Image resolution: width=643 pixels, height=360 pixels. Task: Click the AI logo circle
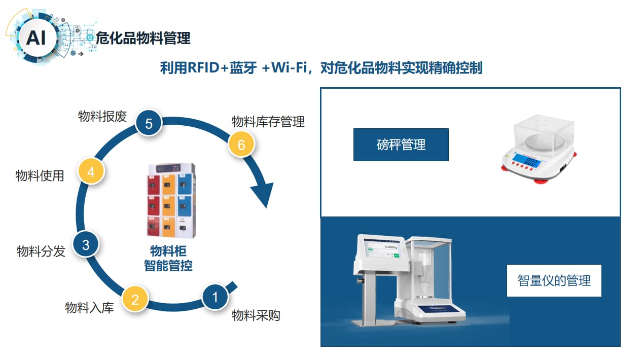(35, 38)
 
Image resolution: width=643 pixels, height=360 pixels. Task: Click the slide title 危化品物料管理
(143, 38)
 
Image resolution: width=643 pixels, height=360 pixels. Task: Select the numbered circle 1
(215, 297)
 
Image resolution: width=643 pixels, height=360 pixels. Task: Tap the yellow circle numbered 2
(135, 299)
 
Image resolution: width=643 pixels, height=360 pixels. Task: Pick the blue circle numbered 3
(86, 245)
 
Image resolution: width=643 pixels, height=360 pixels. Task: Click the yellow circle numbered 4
(91, 172)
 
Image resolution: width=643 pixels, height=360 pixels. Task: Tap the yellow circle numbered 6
(241, 145)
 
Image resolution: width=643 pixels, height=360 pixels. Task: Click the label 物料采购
(256, 316)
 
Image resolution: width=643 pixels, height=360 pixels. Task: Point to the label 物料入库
(89, 308)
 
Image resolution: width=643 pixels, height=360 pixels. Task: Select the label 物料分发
(41, 251)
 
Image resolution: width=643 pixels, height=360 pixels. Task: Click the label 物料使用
(40, 176)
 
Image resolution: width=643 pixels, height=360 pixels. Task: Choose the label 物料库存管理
(268, 122)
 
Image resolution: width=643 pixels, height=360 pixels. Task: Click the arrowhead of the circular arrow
(263, 195)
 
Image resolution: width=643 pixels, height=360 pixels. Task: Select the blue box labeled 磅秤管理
(401, 145)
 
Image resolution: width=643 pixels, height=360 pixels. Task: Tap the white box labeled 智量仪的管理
(554, 280)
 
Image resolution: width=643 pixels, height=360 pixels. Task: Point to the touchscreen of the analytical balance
(384, 250)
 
